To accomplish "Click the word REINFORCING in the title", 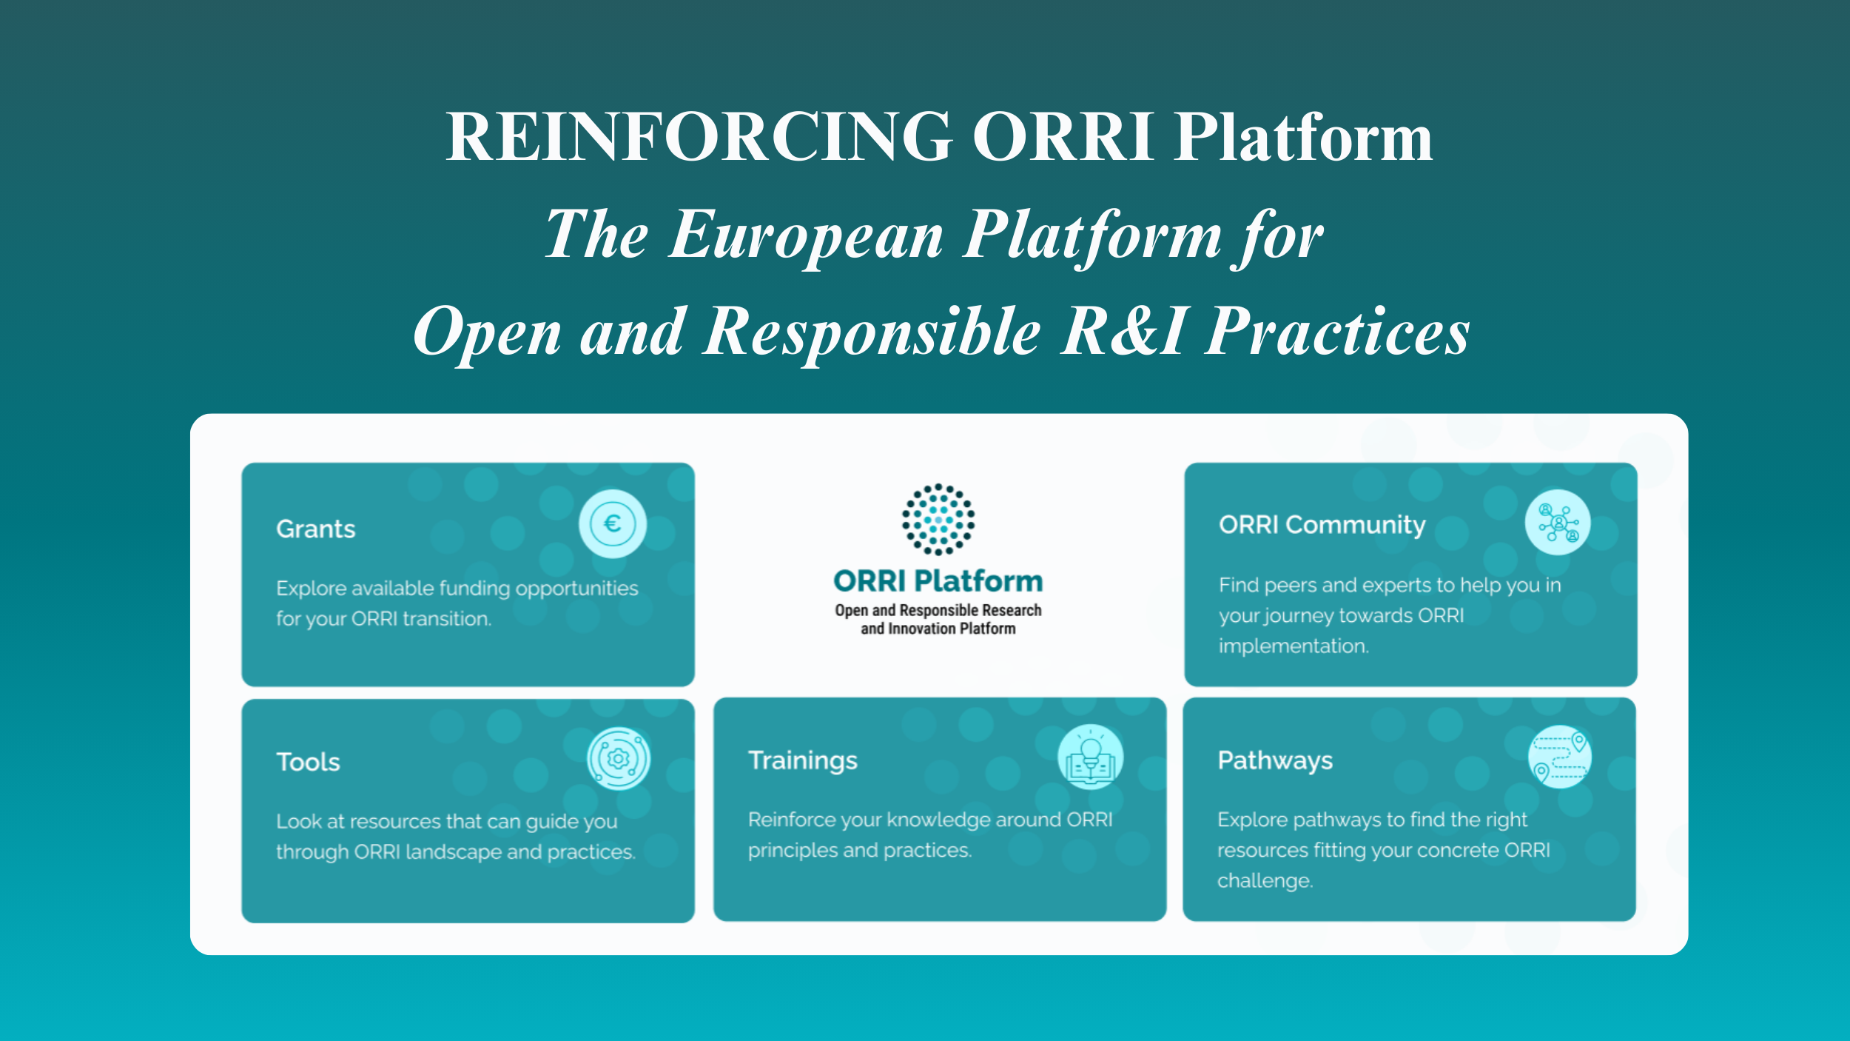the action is click(x=699, y=136).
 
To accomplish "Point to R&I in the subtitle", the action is click(x=1125, y=331).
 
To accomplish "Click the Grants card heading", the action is click(x=316, y=529).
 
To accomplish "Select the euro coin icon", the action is click(x=612, y=523).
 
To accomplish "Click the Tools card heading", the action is click(x=309, y=763).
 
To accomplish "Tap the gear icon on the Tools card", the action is click(x=619, y=759).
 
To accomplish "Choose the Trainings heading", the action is click(x=803, y=761).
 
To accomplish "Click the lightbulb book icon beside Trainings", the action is click(x=1091, y=757).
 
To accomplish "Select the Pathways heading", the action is click(x=1275, y=761).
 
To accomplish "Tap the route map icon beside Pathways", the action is click(x=1560, y=757).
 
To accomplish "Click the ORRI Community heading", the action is click(x=1322, y=525).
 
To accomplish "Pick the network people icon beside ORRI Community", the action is click(x=1558, y=522).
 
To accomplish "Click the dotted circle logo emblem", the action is click(x=938, y=520).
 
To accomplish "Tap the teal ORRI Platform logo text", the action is click(x=938, y=581).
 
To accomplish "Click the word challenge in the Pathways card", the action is click(x=1265, y=881).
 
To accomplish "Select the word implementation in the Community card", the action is click(x=1294, y=646).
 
